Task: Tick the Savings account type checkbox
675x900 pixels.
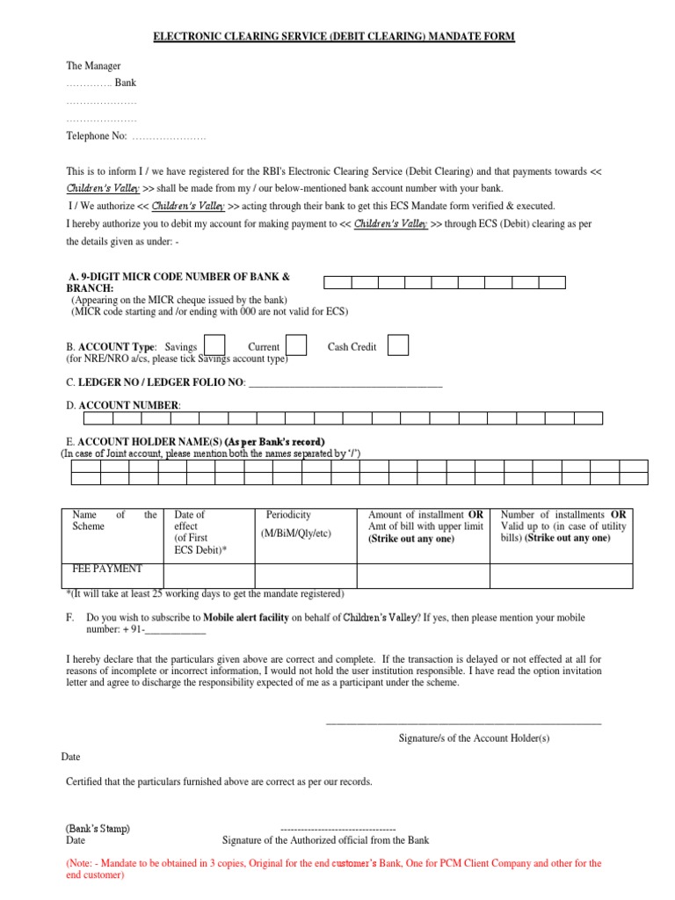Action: [214, 345]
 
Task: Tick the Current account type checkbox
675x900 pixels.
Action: [297, 345]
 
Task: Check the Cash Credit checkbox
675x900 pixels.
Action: [398, 345]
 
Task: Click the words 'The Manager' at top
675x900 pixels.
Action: [94, 66]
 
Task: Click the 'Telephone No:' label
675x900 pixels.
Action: [98, 136]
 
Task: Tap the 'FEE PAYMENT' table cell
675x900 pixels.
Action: [107, 569]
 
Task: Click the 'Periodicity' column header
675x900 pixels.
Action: [288, 515]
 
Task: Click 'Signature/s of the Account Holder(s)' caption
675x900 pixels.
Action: [474, 738]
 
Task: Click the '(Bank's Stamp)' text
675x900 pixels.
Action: [98, 829]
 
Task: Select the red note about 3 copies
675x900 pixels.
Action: [334, 869]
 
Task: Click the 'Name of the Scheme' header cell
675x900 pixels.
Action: [114, 520]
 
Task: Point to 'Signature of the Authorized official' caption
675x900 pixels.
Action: [325, 840]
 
